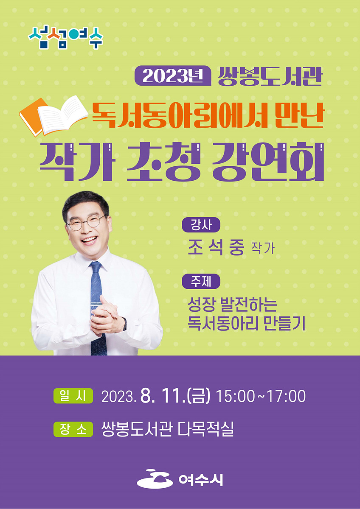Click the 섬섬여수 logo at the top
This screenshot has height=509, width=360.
(65, 38)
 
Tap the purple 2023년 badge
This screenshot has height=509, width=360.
(173, 76)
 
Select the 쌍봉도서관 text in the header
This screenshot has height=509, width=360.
(270, 76)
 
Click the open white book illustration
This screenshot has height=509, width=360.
(63, 115)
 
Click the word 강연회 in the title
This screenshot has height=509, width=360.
(268, 162)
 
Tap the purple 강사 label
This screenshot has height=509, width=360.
(201, 225)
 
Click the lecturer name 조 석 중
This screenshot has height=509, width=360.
(216, 248)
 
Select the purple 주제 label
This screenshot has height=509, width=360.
(201, 281)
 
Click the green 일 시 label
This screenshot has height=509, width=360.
(73, 396)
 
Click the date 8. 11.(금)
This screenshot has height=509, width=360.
(175, 396)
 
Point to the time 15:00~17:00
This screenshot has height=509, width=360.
(261, 396)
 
